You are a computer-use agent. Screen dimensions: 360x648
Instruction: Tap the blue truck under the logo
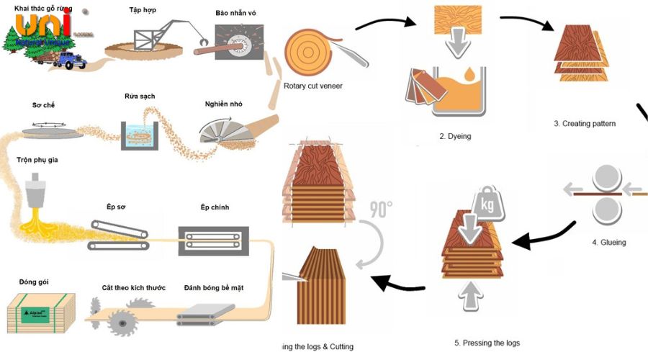[x=66, y=60]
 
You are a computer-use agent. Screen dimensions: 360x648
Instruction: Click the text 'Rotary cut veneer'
[x=313, y=86]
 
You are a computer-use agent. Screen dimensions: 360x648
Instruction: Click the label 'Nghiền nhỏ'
[x=224, y=102]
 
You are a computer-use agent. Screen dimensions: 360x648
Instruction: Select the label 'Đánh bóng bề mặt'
[x=214, y=288]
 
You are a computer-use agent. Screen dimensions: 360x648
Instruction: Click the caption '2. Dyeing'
[x=455, y=135]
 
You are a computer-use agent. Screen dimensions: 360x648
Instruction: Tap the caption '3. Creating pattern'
[x=585, y=123]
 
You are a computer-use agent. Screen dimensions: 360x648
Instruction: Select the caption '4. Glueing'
[x=608, y=242]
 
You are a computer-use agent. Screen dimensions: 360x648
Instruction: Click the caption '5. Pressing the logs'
[x=487, y=343]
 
